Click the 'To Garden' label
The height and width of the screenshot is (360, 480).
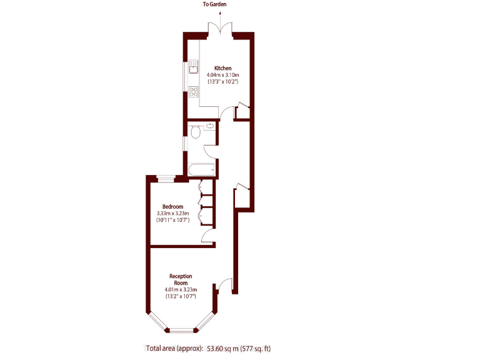point(214,4)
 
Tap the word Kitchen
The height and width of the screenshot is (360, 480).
point(223,68)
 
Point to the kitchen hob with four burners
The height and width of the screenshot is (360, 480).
point(194,91)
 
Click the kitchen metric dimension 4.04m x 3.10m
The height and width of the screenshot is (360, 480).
point(223,75)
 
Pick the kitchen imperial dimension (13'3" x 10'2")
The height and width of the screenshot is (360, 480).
point(223,82)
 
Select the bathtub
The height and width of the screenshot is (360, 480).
point(201,169)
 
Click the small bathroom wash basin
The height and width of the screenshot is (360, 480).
point(211,126)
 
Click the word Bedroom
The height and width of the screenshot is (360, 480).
point(172,207)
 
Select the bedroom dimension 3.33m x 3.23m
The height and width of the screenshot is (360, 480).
point(172,214)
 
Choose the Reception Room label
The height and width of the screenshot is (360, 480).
point(181,279)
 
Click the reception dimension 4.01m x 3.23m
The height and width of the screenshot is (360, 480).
point(181,290)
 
